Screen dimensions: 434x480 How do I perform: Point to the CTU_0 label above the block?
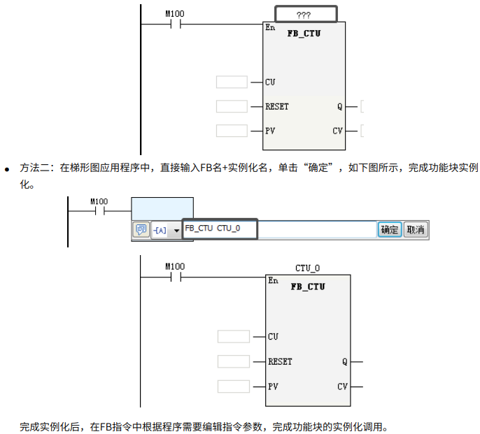pos(307,268)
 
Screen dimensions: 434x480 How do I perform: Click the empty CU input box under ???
pos(232,82)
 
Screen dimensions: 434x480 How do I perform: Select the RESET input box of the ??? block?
pos(232,107)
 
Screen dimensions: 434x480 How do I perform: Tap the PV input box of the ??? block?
pos(232,131)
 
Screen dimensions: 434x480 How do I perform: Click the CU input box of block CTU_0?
pos(233,337)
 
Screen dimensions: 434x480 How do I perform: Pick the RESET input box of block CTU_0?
pos(233,361)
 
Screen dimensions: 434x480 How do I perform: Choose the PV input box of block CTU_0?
pos(233,386)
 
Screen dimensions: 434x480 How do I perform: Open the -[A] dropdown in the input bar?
pos(167,230)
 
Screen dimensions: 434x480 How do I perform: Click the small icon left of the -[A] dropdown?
pos(141,230)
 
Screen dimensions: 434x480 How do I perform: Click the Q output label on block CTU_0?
pos(344,362)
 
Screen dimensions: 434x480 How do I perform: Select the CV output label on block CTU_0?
pos(342,386)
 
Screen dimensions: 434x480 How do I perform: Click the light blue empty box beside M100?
pos(162,210)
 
